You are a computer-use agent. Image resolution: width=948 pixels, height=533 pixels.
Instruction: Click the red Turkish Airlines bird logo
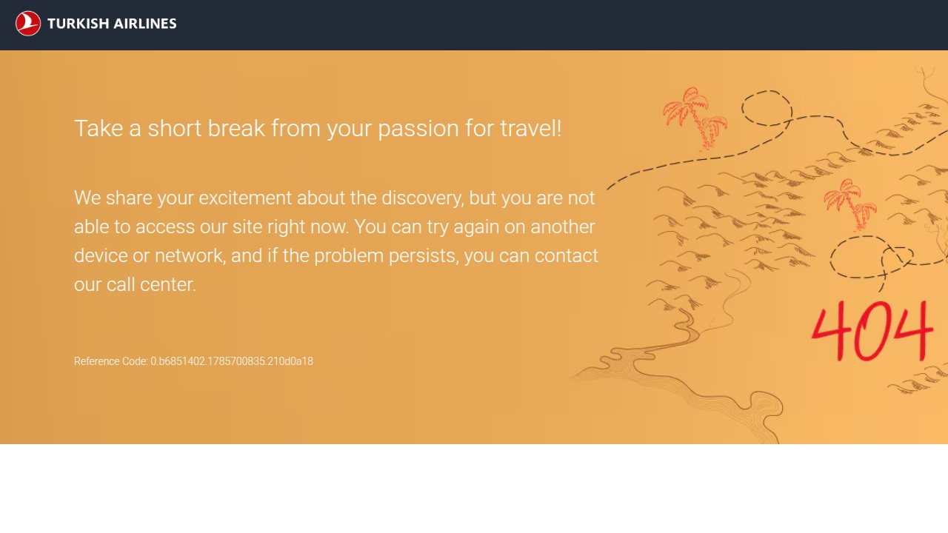(x=28, y=23)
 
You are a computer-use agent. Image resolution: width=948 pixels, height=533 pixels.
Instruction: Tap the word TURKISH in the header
(x=79, y=24)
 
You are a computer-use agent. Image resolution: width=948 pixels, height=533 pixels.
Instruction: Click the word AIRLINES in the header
(x=144, y=24)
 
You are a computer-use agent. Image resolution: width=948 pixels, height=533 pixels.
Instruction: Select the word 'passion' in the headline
(x=418, y=129)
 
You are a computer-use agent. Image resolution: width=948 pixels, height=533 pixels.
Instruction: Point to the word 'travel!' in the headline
(x=531, y=128)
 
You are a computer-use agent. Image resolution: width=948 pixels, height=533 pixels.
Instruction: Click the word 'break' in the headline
(x=236, y=128)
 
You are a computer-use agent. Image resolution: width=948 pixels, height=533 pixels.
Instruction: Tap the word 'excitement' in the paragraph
(x=245, y=198)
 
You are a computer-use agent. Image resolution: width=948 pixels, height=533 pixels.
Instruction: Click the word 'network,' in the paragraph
(x=190, y=256)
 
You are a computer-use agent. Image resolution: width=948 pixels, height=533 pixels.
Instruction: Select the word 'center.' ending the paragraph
(x=168, y=285)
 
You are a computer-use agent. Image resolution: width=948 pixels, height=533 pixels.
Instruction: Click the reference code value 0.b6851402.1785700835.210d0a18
(x=232, y=361)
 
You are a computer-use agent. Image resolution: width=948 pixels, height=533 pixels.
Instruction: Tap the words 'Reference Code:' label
(x=111, y=361)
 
